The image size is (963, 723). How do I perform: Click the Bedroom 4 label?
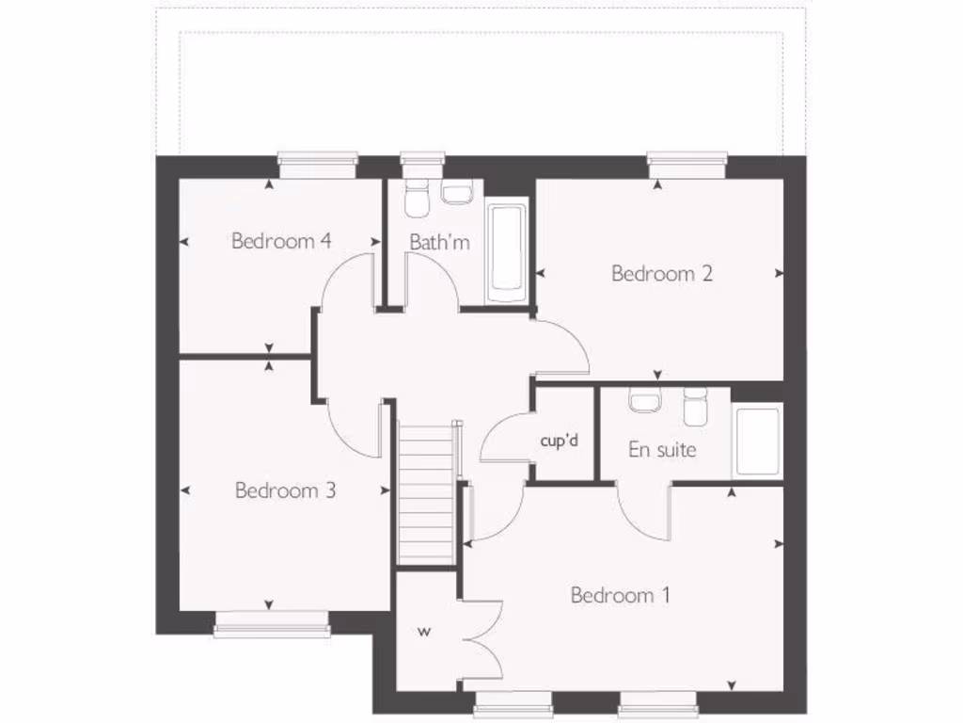click(x=281, y=241)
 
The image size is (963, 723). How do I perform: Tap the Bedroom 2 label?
click(x=662, y=274)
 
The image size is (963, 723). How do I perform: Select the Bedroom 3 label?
click(x=286, y=490)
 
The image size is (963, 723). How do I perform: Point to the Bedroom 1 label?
click(x=621, y=595)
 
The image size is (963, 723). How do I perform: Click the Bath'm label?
click(x=439, y=242)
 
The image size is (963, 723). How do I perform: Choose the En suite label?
click(x=662, y=450)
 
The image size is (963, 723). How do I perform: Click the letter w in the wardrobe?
click(x=423, y=631)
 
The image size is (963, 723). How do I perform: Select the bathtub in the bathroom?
click(x=507, y=249)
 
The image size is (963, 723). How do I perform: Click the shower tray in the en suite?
click(x=757, y=441)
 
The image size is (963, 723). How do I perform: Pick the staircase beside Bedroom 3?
click(x=426, y=494)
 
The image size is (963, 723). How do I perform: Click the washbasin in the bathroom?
click(x=457, y=194)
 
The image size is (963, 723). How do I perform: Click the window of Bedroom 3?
click(x=272, y=623)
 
